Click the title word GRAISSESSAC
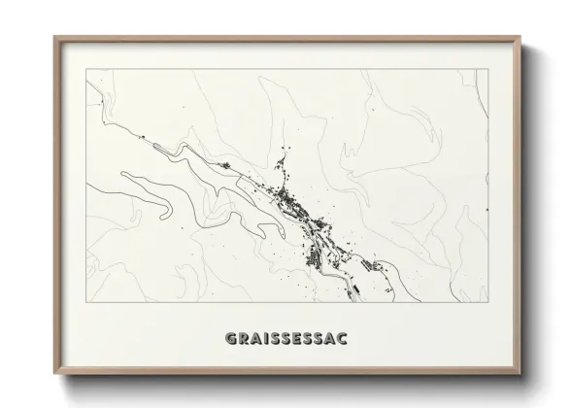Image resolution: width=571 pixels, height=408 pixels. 285,339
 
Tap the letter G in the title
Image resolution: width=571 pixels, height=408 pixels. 230,339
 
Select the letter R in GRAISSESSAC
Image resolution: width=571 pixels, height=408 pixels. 242,339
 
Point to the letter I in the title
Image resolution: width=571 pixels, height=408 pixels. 265,339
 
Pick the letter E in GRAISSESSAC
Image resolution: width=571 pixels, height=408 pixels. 297,339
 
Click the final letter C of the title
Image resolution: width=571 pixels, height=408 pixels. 342,339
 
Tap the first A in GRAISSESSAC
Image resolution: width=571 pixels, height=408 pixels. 254,339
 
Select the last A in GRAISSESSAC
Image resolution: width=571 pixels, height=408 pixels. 330,339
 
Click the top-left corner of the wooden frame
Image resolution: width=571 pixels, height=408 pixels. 54,38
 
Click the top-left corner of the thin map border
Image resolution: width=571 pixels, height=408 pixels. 86,69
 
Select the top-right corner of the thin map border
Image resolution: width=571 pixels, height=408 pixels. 488,69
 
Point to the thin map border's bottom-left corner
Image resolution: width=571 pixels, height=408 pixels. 86,303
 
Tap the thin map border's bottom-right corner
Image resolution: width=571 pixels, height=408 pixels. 488,303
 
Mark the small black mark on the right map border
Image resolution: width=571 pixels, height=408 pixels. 487,209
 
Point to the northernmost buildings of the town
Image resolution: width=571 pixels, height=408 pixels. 284,151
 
